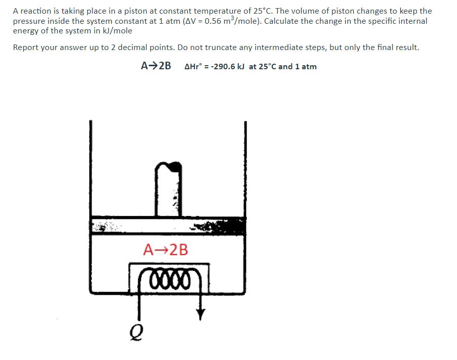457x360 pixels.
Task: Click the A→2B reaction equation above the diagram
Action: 155,66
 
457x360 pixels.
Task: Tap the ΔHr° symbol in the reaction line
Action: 194,67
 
